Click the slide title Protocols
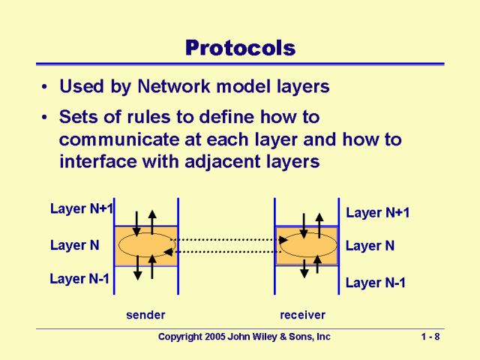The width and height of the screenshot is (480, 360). click(240, 48)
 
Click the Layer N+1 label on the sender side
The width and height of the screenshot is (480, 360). click(81, 208)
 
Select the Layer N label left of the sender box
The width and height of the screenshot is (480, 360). click(75, 244)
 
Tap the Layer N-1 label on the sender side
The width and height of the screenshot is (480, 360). click(79, 279)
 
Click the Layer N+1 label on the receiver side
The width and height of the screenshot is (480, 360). click(377, 213)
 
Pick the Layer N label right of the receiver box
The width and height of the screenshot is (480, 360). click(370, 246)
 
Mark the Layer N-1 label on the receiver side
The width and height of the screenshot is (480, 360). click(375, 283)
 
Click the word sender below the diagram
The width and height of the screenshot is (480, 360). click(145, 314)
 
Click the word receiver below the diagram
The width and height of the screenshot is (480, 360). click(302, 314)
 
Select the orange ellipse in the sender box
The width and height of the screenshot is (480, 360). click(145, 244)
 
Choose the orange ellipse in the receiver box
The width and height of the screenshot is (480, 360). click(307, 244)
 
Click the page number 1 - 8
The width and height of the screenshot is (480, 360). click(430, 337)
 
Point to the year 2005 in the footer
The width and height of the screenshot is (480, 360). click(216, 337)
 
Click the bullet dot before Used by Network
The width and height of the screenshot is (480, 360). click(46, 88)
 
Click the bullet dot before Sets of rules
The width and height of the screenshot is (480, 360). click(46, 118)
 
